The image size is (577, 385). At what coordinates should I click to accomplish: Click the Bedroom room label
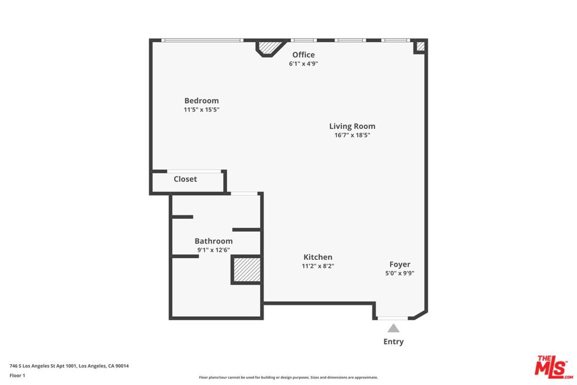coord(201,100)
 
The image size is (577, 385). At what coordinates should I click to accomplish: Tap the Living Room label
coord(352,126)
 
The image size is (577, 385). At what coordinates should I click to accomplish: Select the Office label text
coord(304,55)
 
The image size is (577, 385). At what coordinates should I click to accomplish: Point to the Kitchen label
coord(318,257)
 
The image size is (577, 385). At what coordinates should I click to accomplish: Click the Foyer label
coord(400,264)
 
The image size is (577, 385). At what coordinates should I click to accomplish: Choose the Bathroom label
coord(214,241)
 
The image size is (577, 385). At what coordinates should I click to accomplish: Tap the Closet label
coord(185,179)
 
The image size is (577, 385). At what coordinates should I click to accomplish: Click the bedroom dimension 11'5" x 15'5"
coord(202,110)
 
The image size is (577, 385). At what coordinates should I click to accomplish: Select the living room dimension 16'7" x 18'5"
coord(352,135)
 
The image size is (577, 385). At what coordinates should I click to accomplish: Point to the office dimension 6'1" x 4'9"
coord(304,64)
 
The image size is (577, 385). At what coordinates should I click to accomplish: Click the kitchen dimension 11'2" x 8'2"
coord(318,266)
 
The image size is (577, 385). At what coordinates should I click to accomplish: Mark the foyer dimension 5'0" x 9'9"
coord(400,273)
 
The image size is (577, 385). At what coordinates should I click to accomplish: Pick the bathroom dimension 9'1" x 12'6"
coord(214,250)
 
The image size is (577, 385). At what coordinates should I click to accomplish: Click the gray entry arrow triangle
coord(393,328)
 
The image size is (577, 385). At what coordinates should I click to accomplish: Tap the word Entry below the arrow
coord(393,342)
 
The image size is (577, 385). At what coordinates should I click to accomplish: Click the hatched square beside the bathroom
coord(247,270)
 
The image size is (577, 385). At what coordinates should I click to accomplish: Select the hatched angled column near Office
coord(270,47)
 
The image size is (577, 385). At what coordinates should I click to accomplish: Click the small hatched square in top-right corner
coord(420,46)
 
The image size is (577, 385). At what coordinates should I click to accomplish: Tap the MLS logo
coord(554,367)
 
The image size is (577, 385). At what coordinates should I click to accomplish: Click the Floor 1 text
coord(17,375)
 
